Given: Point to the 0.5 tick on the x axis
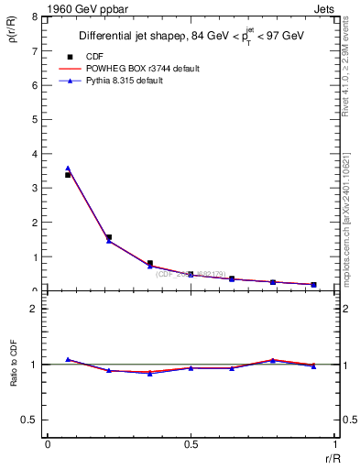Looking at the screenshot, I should (191, 444).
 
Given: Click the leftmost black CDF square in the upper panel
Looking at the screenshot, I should (68, 174).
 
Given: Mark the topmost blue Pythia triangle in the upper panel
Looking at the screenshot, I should (68, 169).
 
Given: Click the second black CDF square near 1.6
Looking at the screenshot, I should (109, 237).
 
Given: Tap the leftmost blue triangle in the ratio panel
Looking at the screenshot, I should (68, 359).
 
